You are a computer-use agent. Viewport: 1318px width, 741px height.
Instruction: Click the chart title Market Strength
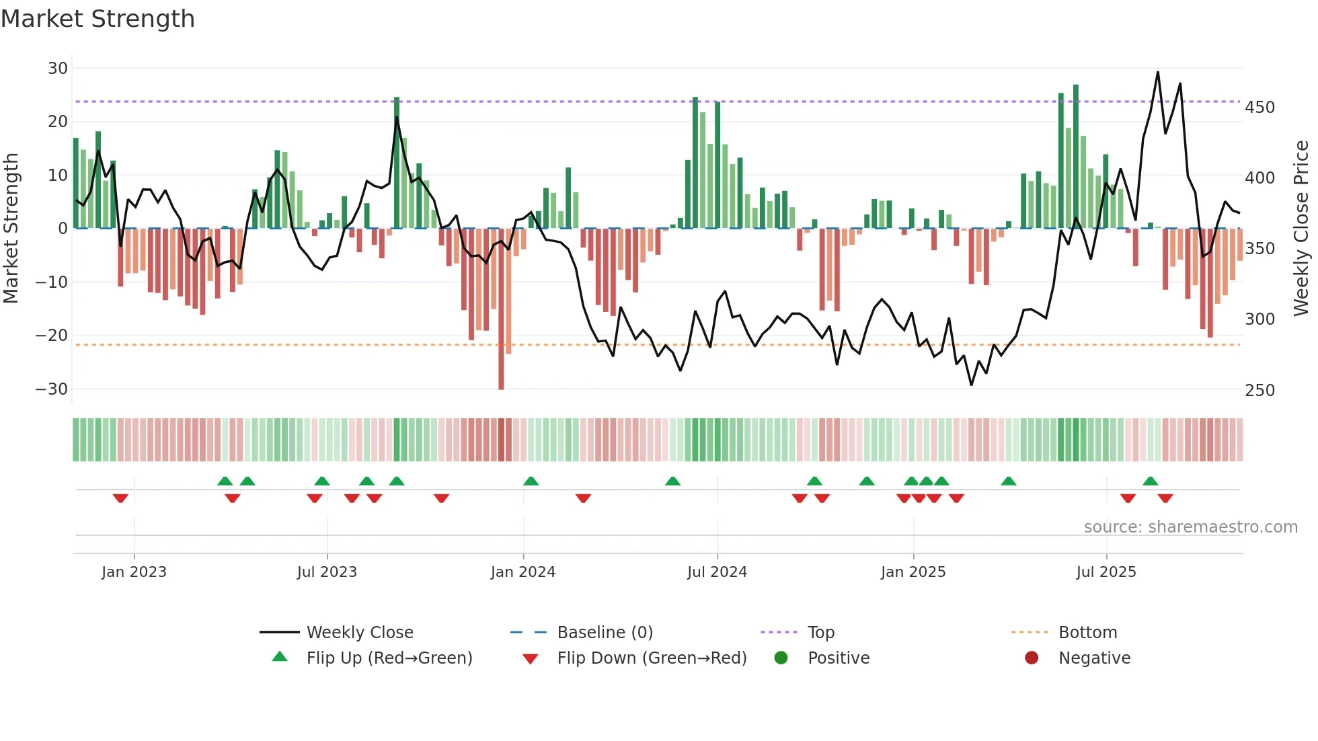pos(98,19)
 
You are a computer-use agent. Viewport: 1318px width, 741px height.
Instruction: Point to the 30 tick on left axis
pos(58,68)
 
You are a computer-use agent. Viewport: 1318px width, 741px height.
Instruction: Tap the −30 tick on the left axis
pos(52,389)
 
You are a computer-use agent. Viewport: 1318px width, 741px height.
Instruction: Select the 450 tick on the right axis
pos(1259,108)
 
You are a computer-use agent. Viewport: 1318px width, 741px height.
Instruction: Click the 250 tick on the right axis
pos(1259,391)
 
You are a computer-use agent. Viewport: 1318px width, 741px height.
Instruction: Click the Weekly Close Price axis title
pos(1301,228)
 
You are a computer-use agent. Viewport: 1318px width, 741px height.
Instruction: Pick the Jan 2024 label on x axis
pos(523,572)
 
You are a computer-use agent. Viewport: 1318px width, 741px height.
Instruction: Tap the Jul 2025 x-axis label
pos(1106,572)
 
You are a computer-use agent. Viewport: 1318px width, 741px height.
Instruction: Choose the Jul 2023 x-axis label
pos(327,572)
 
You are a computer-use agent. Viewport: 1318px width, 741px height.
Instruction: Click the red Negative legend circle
pos(1032,658)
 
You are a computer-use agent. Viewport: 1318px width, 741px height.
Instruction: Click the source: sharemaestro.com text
pos(1190,527)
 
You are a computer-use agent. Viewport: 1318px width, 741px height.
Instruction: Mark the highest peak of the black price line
pos(1158,72)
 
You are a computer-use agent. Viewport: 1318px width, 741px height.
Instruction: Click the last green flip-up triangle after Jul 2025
pos(1151,481)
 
